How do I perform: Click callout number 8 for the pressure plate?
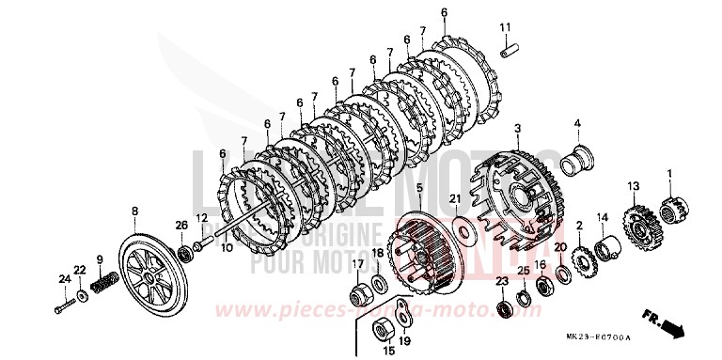pyautogui.click(x=134, y=211)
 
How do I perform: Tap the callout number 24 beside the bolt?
pyautogui.click(x=64, y=278)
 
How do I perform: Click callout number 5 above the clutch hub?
pyautogui.click(x=419, y=188)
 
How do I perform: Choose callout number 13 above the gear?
pyautogui.click(x=634, y=186)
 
